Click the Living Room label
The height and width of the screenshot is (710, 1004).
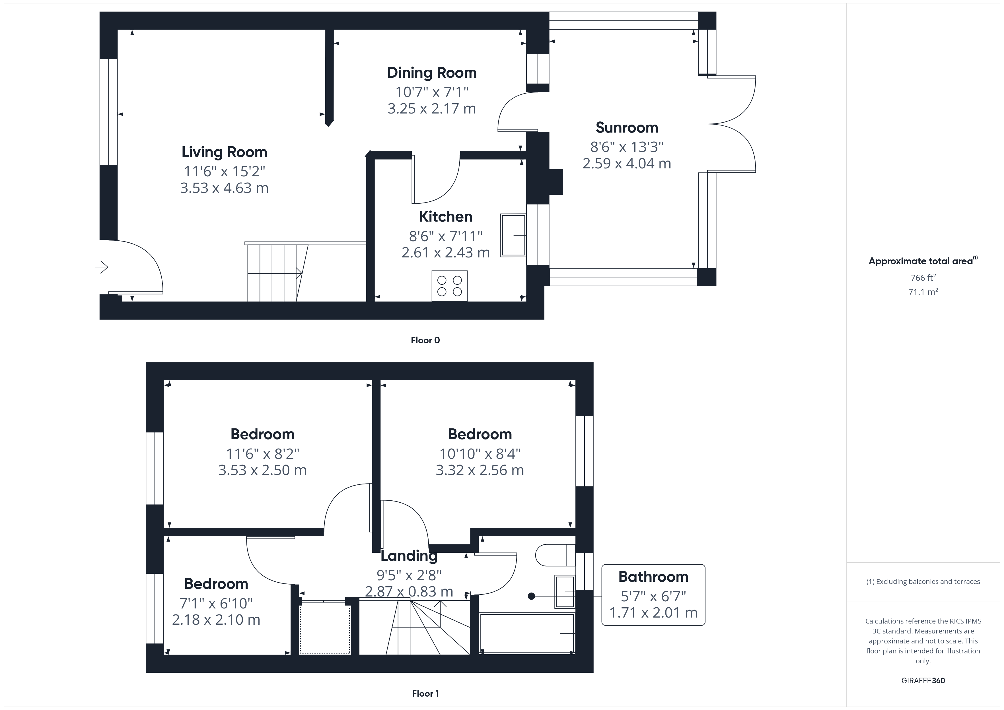[224, 152]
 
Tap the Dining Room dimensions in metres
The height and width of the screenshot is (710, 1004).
[432, 108]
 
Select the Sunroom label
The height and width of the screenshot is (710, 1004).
[627, 128]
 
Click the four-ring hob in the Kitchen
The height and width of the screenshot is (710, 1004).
[450, 286]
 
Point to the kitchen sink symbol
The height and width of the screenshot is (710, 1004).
[513, 235]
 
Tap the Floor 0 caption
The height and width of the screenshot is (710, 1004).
[425, 340]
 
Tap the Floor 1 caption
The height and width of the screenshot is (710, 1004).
[425, 694]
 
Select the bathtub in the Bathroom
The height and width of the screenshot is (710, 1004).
[527, 633]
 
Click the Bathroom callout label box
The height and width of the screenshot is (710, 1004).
[653, 595]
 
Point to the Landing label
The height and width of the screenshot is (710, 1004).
[409, 556]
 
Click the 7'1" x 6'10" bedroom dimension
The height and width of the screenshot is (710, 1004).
[216, 603]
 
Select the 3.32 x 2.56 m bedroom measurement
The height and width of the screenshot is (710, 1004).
[480, 470]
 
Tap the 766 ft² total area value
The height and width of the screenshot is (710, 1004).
[923, 278]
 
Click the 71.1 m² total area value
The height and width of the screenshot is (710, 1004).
[923, 292]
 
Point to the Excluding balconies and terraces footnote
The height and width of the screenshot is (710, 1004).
[923, 581]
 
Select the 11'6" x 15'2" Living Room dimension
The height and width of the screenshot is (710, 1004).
[224, 171]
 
